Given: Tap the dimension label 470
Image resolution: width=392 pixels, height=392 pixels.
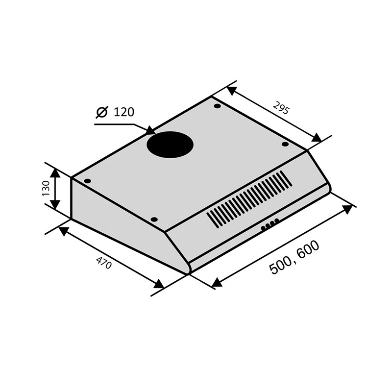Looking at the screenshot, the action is [103, 262].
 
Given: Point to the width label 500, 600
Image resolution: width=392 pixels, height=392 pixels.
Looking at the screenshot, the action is [294, 257].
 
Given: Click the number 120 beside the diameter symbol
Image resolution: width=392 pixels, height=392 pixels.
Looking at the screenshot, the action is [124, 112].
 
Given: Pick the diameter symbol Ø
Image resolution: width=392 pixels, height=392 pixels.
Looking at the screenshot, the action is [102, 112].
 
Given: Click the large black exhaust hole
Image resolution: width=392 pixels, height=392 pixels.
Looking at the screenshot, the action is [170, 145].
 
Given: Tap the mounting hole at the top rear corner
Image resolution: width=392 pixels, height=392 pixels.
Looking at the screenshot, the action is [218, 106].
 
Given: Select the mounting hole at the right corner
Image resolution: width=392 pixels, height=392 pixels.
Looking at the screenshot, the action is [285, 144].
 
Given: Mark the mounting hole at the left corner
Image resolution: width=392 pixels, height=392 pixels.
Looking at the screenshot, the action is [88, 181].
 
